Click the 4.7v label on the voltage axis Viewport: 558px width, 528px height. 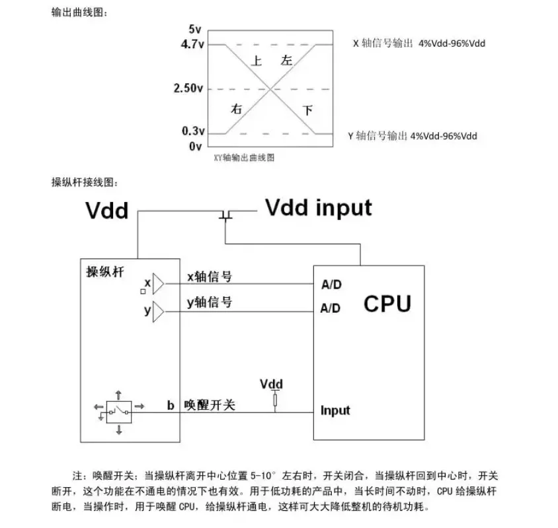[192, 44]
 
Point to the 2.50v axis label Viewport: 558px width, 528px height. [188, 88]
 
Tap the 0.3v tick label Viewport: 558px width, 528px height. [193, 131]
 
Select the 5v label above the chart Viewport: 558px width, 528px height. [195, 29]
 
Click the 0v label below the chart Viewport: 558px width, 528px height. [196, 146]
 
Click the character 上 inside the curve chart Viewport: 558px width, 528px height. [257, 61]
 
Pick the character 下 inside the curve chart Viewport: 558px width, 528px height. [307, 110]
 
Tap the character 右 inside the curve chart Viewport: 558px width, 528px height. [236, 108]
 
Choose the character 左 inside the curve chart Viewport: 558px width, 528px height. [286, 60]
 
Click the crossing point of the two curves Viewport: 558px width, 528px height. [270, 89]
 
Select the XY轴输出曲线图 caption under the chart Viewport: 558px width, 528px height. [244, 157]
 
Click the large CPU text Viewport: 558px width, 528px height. [387, 304]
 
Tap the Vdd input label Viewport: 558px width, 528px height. [319, 207]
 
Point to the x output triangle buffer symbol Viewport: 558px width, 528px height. [159, 284]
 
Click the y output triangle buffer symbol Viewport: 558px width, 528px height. [159, 312]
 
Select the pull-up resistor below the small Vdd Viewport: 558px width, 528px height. [275, 401]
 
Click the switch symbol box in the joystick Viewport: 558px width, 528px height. [119, 412]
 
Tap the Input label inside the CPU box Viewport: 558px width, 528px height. [335, 411]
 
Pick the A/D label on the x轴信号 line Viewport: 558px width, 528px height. [331, 284]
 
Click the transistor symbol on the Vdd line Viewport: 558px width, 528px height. [225, 215]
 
